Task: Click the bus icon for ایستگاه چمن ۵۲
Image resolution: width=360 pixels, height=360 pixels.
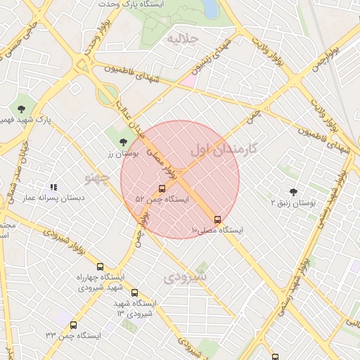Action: pyautogui.click(x=162, y=188)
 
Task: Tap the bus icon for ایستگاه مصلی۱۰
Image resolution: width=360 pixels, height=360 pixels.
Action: pyautogui.click(x=217, y=219)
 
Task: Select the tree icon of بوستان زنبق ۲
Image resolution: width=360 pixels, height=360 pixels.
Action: pyautogui.click(x=293, y=192)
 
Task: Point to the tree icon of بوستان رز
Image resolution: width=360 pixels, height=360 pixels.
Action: pyautogui.click(x=123, y=142)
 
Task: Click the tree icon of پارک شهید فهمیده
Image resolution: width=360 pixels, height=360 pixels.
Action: pyautogui.click(x=21, y=109)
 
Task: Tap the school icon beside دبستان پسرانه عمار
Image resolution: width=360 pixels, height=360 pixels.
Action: pyautogui.click(x=53, y=187)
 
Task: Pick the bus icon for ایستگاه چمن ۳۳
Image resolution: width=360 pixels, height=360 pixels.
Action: pyautogui.click(x=74, y=325)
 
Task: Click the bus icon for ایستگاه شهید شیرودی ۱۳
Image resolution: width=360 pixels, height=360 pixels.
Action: pyautogui.click(x=134, y=292)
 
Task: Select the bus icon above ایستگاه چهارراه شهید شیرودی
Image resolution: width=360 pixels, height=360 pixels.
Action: pyautogui.click(x=100, y=266)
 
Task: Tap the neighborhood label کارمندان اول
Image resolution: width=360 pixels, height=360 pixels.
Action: pyautogui.click(x=224, y=149)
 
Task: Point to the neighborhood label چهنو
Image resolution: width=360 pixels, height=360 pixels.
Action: pyautogui.click(x=98, y=176)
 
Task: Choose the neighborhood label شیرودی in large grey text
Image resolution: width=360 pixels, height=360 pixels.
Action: pyautogui.click(x=185, y=277)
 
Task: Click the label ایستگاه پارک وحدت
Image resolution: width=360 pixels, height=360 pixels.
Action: pyautogui.click(x=156, y=4)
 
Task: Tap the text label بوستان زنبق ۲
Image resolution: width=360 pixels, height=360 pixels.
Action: pyautogui.click(x=294, y=203)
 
